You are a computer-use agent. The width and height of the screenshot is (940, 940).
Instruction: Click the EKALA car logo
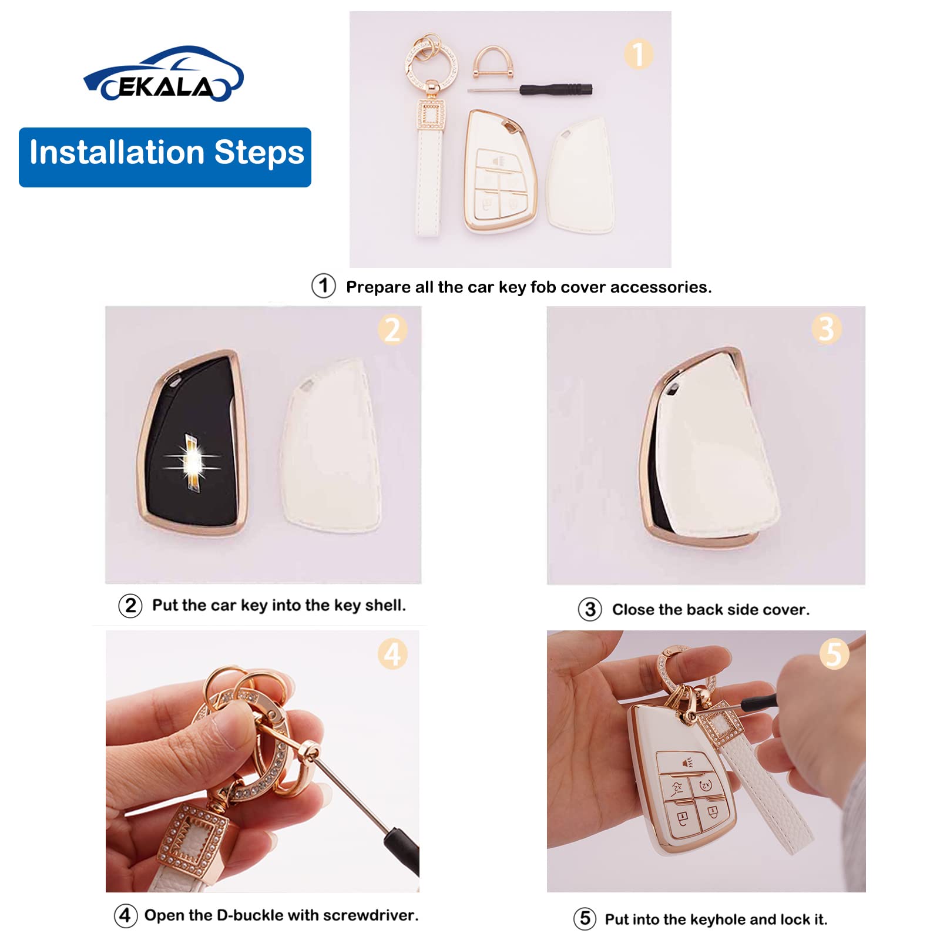point(163,75)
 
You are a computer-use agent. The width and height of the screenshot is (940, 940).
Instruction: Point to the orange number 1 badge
point(638,54)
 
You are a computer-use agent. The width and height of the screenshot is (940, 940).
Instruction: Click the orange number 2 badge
point(392,330)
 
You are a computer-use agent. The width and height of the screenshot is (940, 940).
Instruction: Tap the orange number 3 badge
point(826,328)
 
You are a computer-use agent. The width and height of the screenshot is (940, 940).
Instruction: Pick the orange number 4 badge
point(392,654)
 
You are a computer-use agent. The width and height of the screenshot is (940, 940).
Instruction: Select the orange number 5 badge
point(834,654)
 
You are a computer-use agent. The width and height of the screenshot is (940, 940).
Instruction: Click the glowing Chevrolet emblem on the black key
point(192,462)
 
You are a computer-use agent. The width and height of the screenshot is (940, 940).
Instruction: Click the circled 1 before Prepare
point(323,286)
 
